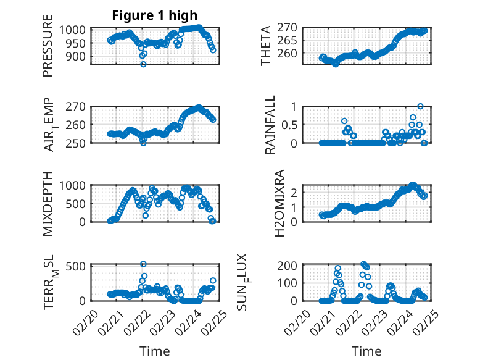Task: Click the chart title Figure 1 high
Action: click(155, 15)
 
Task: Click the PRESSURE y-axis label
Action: click(48, 50)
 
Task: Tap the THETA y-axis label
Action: click(266, 46)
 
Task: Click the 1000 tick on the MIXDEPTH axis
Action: click(75, 186)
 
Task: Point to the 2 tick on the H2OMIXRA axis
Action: click(296, 192)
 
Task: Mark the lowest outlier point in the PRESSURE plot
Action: click(143, 64)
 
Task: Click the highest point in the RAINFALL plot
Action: click(420, 106)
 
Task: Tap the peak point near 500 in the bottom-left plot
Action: click(143, 264)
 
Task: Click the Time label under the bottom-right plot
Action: click(366, 351)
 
